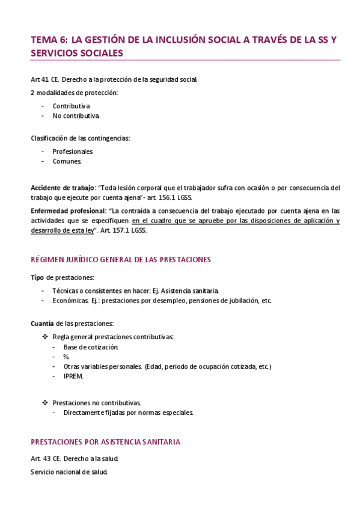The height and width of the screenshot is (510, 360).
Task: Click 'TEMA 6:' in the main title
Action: pyautogui.click(x=49, y=40)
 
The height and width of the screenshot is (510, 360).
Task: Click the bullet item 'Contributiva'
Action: pyautogui.click(x=71, y=106)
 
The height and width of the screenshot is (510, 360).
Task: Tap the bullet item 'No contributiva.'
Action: pyautogui.click(x=76, y=115)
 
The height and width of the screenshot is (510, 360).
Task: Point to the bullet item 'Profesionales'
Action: pyautogui.click(x=73, y=152)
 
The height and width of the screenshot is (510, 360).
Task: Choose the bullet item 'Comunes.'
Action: pyautogui.click(x=67, y=161)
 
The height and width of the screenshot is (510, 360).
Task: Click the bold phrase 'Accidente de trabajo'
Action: pyautogui.click(x=63, y=188)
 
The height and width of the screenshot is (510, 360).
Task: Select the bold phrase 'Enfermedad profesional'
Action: pyautogui.click(x=67, y=211)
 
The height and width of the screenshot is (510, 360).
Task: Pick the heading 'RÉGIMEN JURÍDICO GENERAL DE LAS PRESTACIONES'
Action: pyautogui.click(x=121, y=260)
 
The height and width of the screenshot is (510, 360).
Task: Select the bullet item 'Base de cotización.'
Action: pyautogui.click(x=91, y=348)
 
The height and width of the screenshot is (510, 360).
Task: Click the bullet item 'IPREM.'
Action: pyautogui.click(x=74, y=376)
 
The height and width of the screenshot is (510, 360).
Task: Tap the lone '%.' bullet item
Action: pyautogui.click(x=66, y=357)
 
